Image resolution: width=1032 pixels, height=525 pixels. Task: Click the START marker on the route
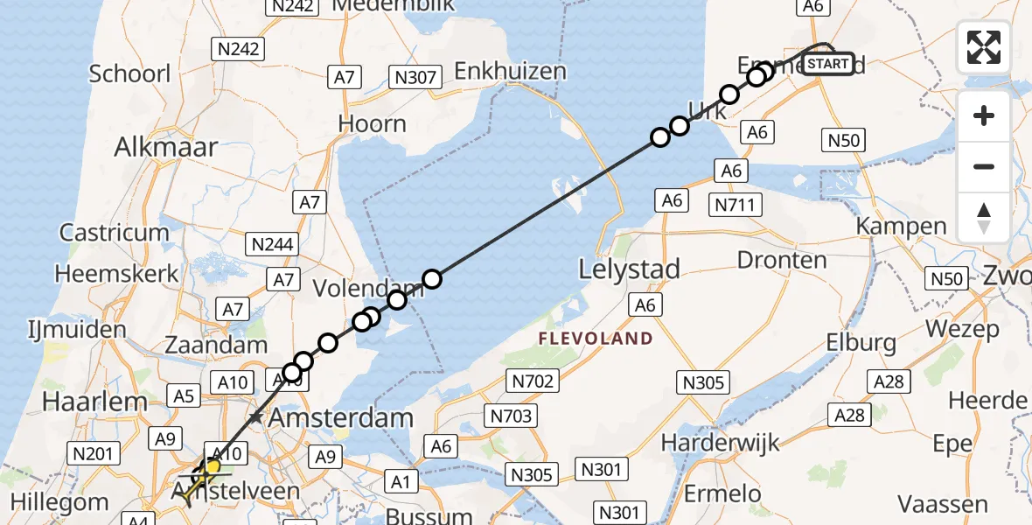[x=826, y=64]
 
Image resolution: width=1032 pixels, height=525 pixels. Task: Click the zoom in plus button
[x=984, y=115]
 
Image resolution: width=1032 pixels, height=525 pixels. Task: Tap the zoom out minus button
[x=984, y=166]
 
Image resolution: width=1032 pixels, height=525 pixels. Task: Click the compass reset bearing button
[x=984, y=217]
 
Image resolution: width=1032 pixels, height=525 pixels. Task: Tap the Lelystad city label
[x=629, y=269]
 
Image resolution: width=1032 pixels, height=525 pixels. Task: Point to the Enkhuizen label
[x=510, y=71]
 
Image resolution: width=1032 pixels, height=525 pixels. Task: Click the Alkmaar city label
[x=165, y=146]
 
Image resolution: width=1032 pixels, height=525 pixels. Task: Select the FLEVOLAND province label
[x=595, y=339]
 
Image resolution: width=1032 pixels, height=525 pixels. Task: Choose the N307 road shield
[x=415, y=77]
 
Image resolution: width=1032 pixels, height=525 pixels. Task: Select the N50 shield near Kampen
[x=844, y=139]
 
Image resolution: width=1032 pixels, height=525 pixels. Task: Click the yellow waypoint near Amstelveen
[x=212, y=466]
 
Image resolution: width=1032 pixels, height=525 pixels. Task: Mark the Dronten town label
[x=782, y=260]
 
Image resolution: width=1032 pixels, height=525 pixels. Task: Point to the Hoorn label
[x=373, y=123]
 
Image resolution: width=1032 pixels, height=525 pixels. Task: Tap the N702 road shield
[x=532, y=380]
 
